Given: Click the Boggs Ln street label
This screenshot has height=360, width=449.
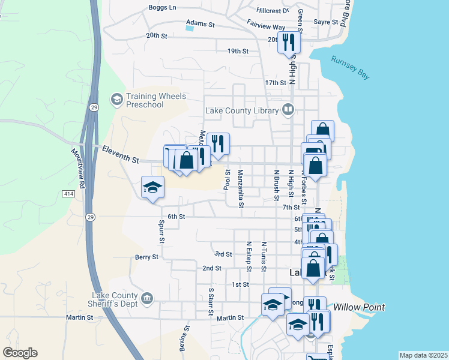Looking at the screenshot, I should (x=163, y=8).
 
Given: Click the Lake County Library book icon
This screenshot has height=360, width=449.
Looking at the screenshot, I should (x=288, y=110).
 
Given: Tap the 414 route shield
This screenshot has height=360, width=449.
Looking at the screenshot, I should (x=67, y=194).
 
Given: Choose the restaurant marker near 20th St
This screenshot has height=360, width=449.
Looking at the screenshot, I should (x=289, y=42).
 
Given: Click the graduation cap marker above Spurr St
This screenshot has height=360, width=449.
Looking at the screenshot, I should (x=152, y=187).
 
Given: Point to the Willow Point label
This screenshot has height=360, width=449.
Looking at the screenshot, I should (x=359, y=307).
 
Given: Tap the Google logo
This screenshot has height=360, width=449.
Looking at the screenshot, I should (x=20, y=353).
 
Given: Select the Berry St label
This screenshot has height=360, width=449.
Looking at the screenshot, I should (x=146, y=257).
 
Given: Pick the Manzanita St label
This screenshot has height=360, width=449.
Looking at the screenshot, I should (x=240, y=188).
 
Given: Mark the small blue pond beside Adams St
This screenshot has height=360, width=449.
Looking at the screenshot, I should (x=190, y=28).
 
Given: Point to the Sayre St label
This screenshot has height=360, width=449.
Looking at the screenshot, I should (x=327, y=22).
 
